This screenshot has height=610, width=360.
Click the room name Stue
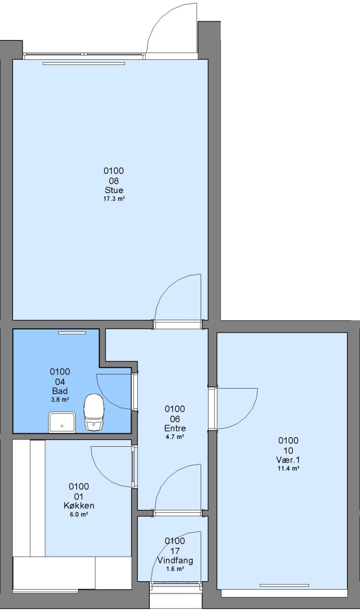(114, 190)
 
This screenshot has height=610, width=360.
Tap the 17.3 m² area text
(114, 199)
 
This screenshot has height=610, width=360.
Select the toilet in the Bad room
(94, 412)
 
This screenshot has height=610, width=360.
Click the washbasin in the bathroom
(62, 422)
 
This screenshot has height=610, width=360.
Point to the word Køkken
(79, 506)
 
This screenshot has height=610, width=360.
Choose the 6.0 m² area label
(79, 515)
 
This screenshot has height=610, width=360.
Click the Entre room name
(175, 428)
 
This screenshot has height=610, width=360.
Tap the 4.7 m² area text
(175, 437)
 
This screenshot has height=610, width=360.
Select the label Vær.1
(288, 460)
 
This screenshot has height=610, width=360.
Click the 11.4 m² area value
(288, 469)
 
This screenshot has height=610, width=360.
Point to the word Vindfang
(175, 561)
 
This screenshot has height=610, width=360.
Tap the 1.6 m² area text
(175, 569)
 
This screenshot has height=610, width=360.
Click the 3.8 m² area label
(60, 399)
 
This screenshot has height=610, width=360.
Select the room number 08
(114, 181)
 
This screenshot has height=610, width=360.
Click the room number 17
(175, 551)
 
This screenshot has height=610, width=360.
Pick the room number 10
(288, 451)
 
